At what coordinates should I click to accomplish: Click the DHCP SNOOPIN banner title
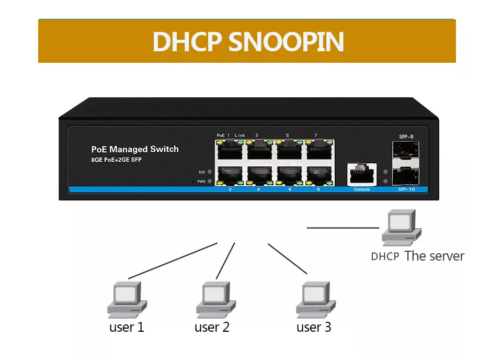[x=248, y=42]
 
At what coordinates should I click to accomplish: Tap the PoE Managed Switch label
[x=135, y=149]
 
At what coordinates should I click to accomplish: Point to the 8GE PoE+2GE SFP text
[x=116, y=160]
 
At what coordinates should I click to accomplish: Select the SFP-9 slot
[x=406, y=150]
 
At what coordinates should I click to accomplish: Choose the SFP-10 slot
[x=406, y=176]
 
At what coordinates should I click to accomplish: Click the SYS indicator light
[x=210, y=172]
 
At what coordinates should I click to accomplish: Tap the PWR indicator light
[x=210, y=181]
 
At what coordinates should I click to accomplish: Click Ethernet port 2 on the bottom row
[x=230, y=176]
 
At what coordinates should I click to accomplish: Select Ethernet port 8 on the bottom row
[x=319, y=176]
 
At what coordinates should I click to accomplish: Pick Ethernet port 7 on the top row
[x=319, y=150]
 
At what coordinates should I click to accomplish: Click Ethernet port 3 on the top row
[x=260, y=150]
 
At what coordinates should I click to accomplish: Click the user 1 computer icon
[x=127, y=300]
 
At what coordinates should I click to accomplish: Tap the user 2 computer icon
[x=216, y=300]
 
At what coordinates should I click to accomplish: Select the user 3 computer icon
[x=316, y=300]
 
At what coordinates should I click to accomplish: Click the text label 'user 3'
[x=314, y=327]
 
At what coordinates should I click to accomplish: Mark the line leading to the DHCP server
[x=343, y=228]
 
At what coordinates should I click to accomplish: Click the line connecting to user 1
[x=173, y=261]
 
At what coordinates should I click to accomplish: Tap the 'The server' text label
[x=434, y=256]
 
